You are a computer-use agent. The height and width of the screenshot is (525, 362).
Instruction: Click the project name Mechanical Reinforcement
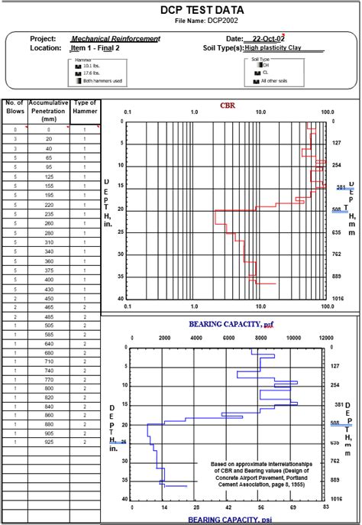coord(115,38)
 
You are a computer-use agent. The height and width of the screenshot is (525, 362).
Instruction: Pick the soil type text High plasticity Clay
coord(273,47)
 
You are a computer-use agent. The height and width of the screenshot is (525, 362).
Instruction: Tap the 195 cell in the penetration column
coord(48,195)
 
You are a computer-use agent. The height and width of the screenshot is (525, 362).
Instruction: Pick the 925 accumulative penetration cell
coord(48,442)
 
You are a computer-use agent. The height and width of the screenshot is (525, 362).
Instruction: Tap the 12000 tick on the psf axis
coord(326,337)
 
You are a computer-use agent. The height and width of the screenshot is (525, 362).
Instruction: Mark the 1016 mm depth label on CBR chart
coord(337,299)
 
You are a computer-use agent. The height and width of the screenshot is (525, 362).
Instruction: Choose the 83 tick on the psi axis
coord(326,506)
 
